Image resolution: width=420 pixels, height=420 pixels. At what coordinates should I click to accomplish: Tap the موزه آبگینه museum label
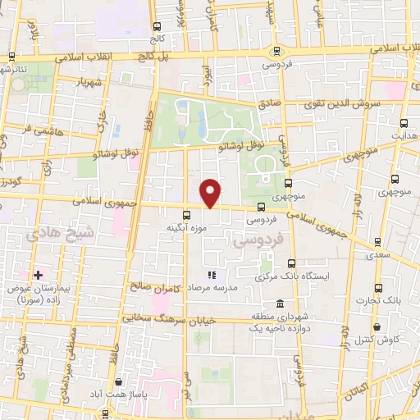coord(178,227)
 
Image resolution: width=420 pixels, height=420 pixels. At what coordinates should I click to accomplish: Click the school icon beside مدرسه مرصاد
coord(211,275)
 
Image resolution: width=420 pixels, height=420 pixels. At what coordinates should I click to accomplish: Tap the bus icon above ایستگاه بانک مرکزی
coord(292,263)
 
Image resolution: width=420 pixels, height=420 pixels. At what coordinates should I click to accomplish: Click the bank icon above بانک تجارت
coord(377,288)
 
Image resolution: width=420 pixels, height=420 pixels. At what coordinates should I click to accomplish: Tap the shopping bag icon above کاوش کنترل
coord(377,327)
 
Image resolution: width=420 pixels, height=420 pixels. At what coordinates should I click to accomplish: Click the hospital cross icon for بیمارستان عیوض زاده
coord(37,274)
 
